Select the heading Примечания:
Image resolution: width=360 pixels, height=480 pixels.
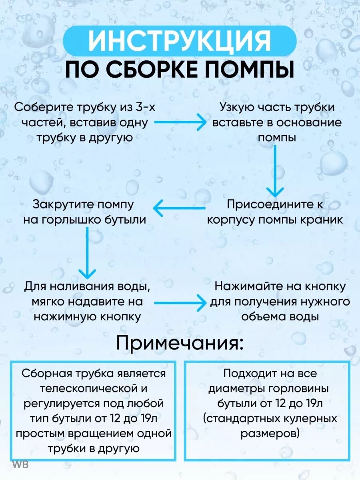[x=180, y=343]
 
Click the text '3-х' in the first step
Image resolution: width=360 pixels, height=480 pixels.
[x=140, y=108]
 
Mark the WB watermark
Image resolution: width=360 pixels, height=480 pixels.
[x=20, y=465]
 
